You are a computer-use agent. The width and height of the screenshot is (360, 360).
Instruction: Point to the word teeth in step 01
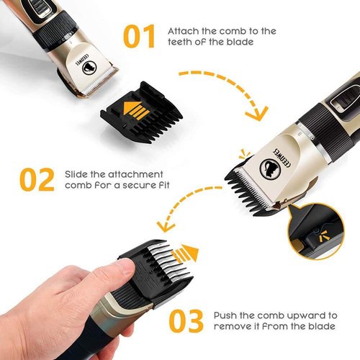[181, 44]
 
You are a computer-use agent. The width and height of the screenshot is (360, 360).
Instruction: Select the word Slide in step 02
[77, 174]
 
